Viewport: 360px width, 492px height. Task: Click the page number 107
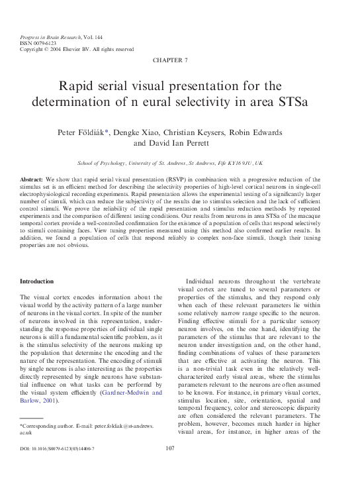coord(170,467)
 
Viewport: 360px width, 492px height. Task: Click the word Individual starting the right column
coord(204,281)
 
